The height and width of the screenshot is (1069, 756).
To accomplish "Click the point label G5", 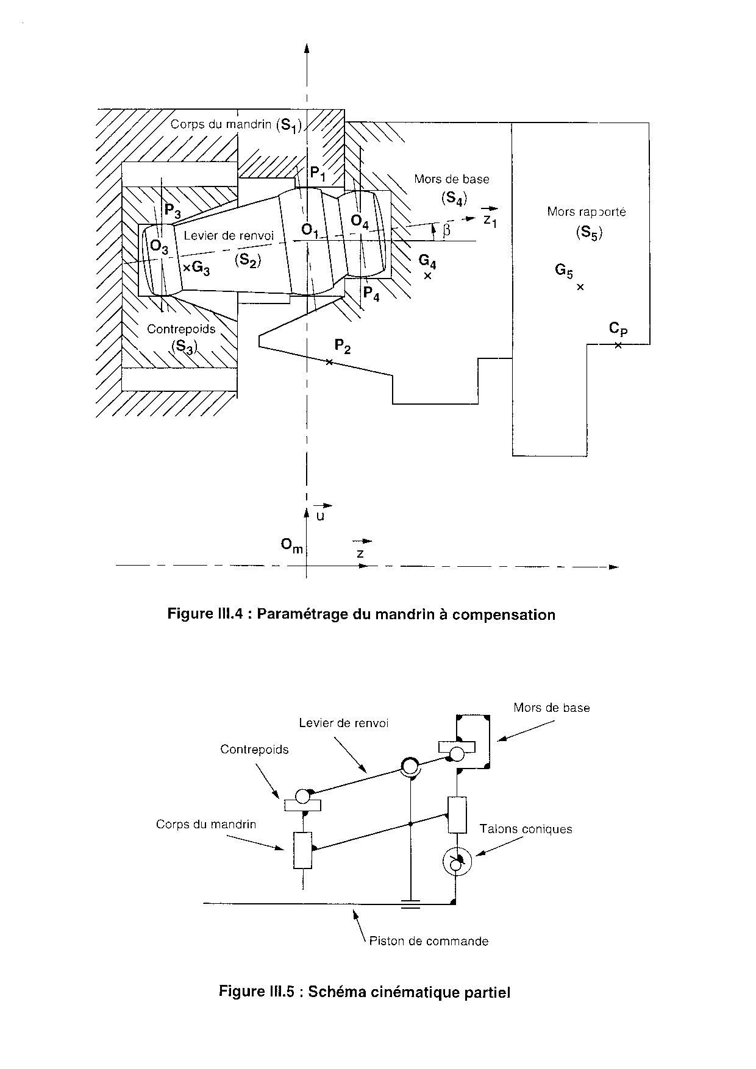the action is pos(563,271).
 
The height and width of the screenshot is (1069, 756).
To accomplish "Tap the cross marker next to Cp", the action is pos(618,345).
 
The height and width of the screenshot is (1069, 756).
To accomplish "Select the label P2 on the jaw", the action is pos(343,347).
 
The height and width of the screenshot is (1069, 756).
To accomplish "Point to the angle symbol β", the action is pos(447,230).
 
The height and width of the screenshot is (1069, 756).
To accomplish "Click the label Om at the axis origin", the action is pos(291,545).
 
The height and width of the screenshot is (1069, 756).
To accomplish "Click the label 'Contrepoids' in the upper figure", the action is pos(181,329).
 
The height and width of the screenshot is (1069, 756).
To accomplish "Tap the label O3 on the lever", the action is pos(159,247).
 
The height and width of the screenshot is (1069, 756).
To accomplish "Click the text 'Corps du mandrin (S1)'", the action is pos(236,125).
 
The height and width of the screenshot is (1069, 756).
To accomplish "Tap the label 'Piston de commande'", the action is pos(429,942).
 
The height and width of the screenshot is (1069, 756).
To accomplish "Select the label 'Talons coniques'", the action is pos(526,829).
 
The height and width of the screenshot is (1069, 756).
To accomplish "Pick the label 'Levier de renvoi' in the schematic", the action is pos(344,723).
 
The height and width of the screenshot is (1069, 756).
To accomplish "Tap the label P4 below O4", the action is pos(371,294).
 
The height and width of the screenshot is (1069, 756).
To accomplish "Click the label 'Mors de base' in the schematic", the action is pos(552,708).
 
